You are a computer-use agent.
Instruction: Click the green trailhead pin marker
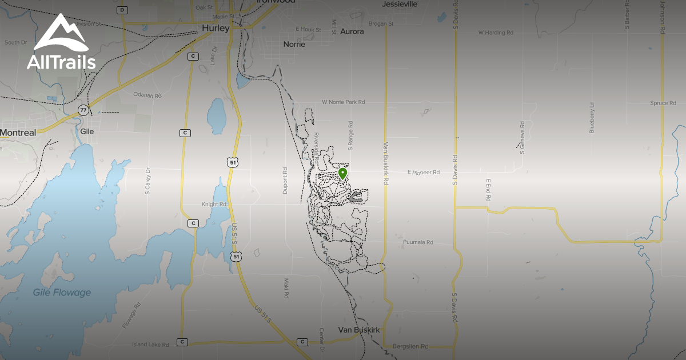point(342,173)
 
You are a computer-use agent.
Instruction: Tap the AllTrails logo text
point(61,62)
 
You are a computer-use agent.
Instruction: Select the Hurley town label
point(216,28)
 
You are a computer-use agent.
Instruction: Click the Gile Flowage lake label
point(62,293)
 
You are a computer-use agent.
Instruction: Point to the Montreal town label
point(18,133)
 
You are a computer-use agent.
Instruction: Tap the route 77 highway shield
point(83,110)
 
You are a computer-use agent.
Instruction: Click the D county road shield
point(122,10)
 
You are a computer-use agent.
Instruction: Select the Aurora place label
point(352,31)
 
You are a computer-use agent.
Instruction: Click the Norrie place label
point(294,44)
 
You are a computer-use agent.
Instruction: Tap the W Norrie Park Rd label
point(343,102)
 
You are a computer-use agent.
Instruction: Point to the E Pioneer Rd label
point(423,172)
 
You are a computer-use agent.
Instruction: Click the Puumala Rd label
point(418,242)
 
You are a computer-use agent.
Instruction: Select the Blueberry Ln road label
point(592,118)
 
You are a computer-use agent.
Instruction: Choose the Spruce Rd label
point(647,103)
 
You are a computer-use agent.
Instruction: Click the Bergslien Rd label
point(410,347)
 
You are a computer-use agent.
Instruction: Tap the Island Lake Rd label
point(150,345)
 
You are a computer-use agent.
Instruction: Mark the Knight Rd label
point(214,203)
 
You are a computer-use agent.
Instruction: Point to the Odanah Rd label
point(147,95)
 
